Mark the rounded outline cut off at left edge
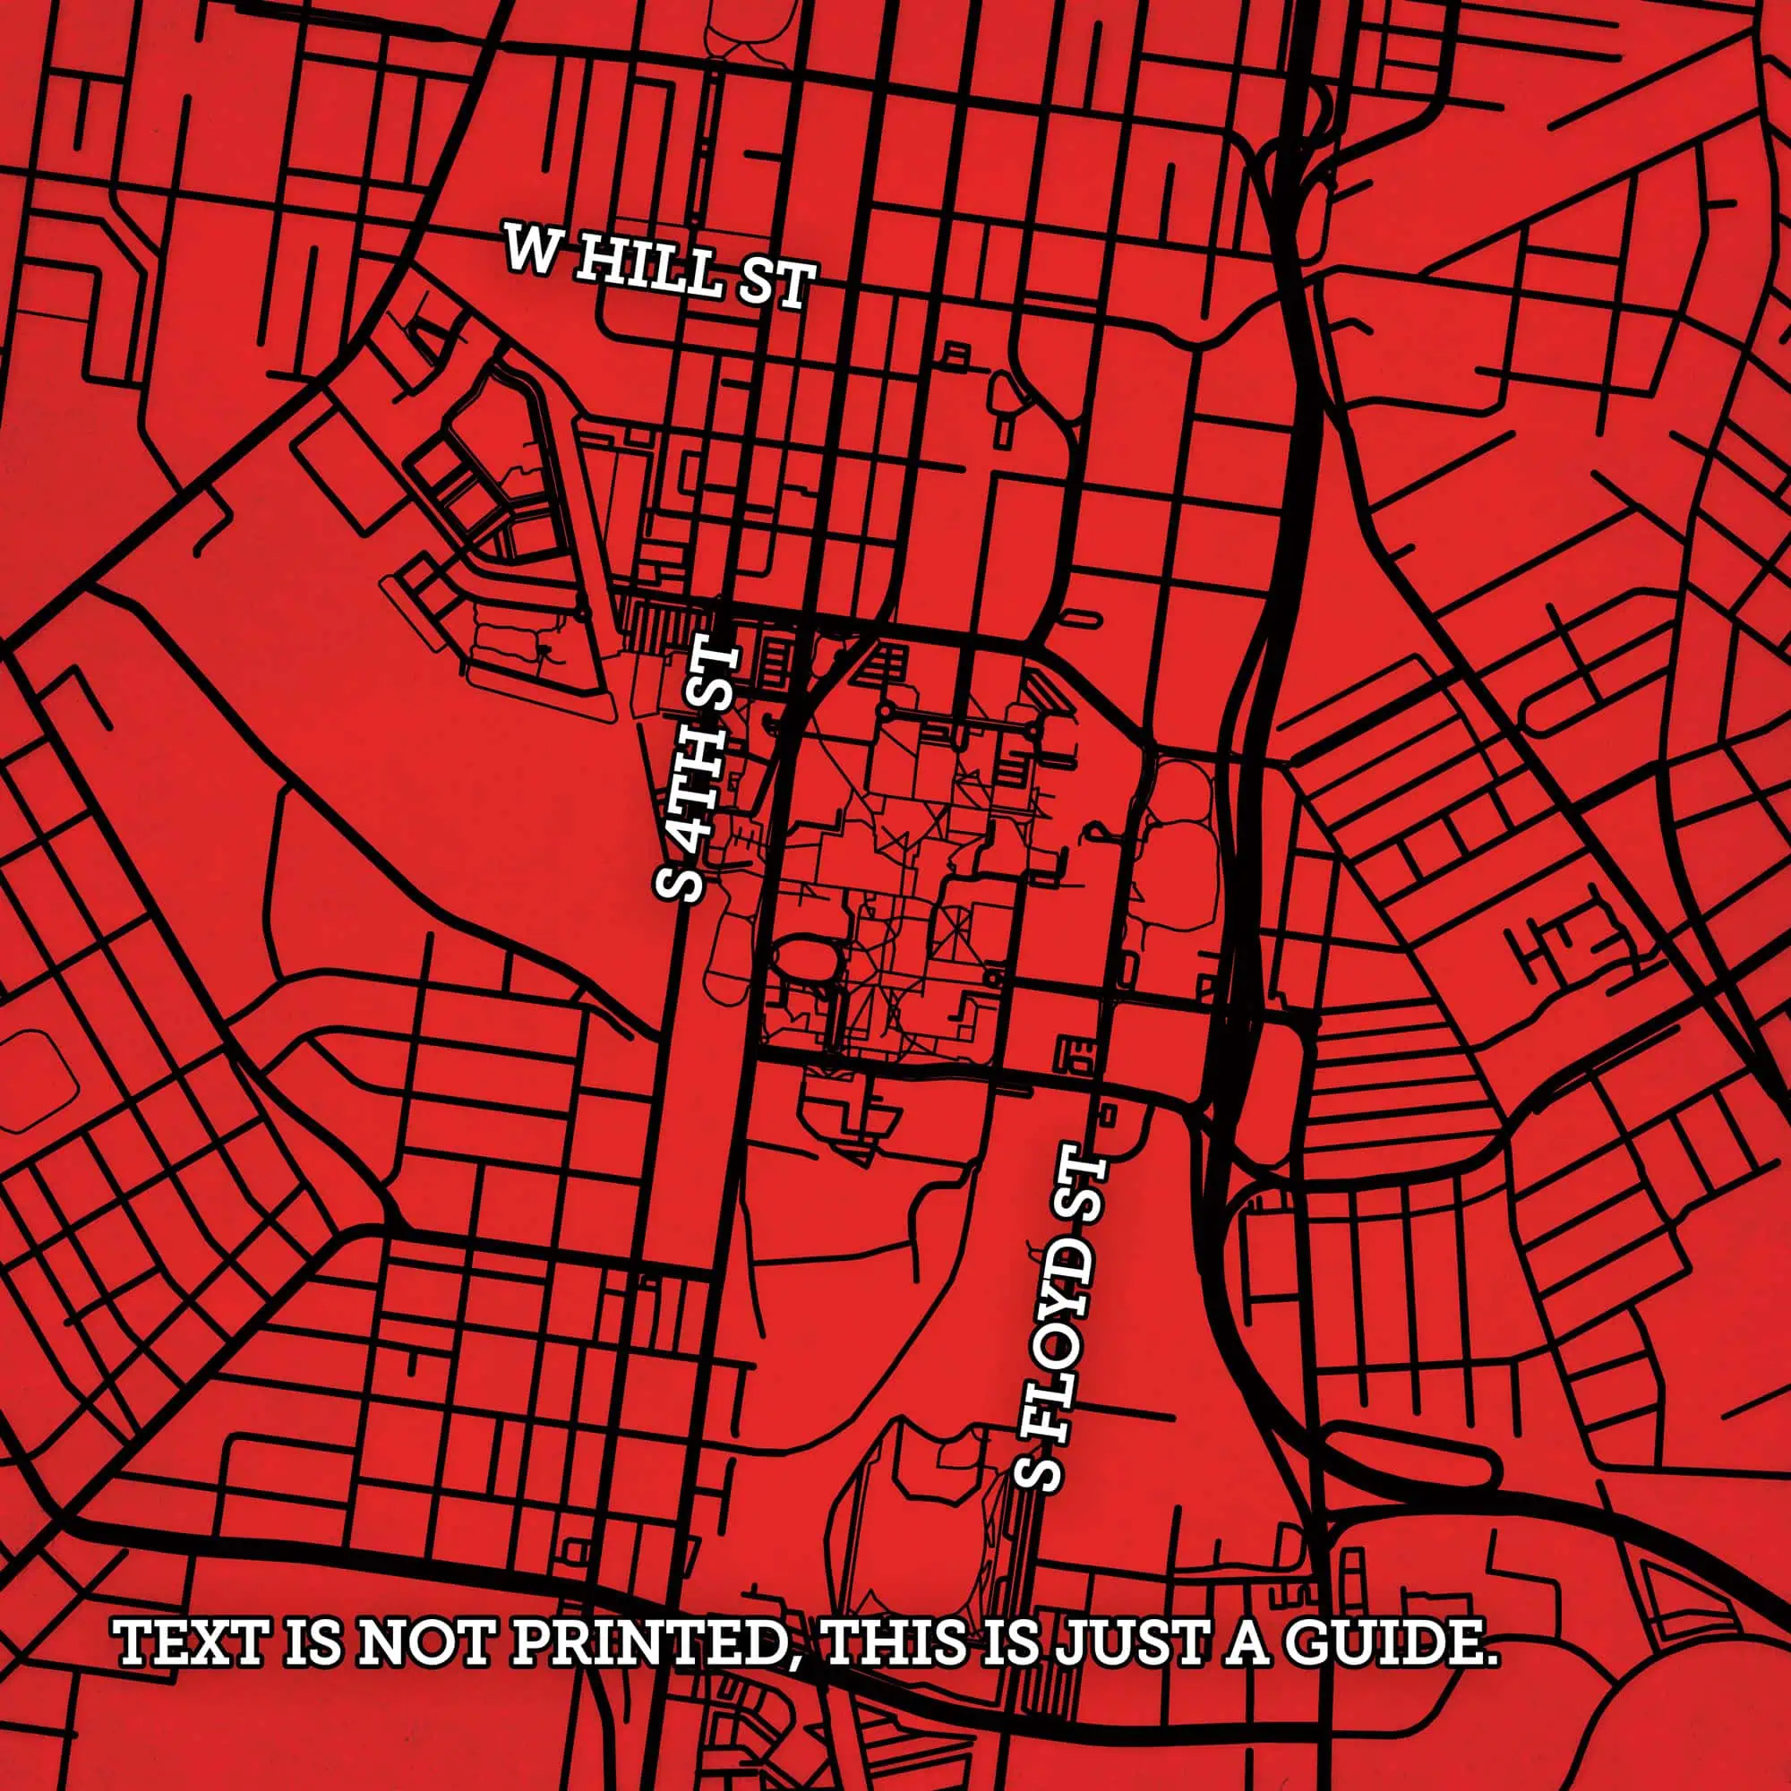(37, 1081)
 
